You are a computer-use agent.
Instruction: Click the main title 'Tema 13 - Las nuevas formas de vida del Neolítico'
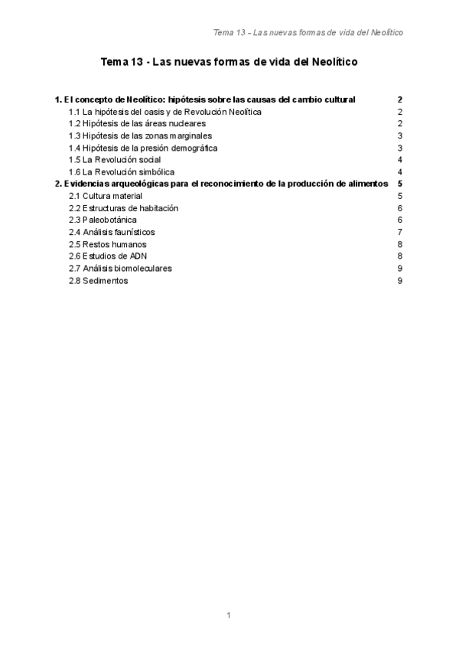click(229, 65)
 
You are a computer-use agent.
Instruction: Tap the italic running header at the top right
click(308, 32)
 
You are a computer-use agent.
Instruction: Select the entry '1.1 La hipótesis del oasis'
click(165, 112)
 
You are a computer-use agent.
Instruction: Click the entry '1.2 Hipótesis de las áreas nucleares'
click(138, 123)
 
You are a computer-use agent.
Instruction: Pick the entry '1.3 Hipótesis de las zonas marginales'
click(141, 135)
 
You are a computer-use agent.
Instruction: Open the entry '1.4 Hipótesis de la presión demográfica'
click(143, 148)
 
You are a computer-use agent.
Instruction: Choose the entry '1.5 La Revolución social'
click(115, 160)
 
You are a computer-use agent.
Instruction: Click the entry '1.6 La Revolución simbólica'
click(122, 172)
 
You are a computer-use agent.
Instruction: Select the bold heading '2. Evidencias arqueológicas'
click(222, 184)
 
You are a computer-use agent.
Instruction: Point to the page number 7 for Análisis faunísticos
click(400, 232)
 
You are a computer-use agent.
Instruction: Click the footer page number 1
click(229, 615)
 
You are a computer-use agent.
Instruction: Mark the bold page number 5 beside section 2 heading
click(400, 184)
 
